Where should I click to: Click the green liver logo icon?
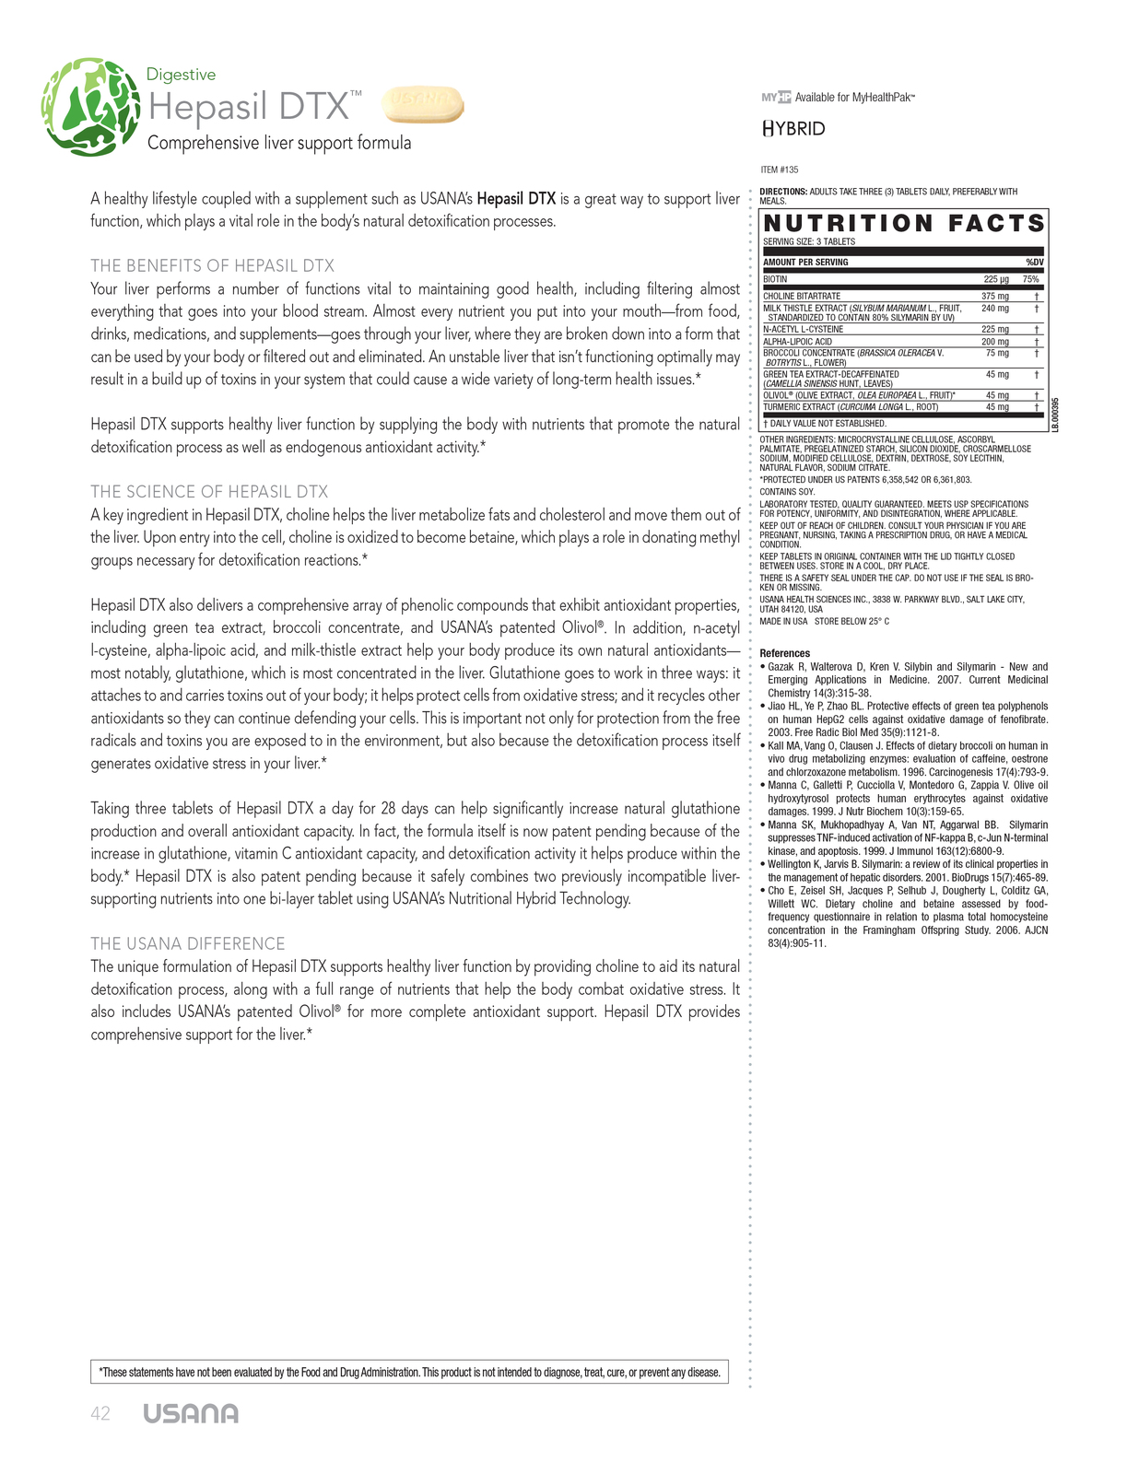89,108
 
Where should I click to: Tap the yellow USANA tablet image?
422,104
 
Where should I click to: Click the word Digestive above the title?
181,75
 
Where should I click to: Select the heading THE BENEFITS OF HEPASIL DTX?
212,265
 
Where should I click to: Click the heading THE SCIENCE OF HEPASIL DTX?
209,491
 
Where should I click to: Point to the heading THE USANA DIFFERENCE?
188,943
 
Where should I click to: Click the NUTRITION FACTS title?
904,224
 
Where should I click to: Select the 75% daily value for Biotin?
1030,279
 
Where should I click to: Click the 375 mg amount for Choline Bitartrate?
994,297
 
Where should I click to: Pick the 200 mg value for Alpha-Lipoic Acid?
994,342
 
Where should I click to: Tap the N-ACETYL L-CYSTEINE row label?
803,329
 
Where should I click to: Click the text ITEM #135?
780,170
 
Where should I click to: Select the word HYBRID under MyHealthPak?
793,129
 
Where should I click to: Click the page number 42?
100,1414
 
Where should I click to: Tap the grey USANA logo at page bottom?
191,1414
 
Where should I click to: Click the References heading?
785,653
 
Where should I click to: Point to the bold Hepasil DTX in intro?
516,199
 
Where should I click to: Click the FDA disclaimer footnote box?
409,1372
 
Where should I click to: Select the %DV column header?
1034,263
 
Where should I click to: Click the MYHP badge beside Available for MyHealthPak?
776,97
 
